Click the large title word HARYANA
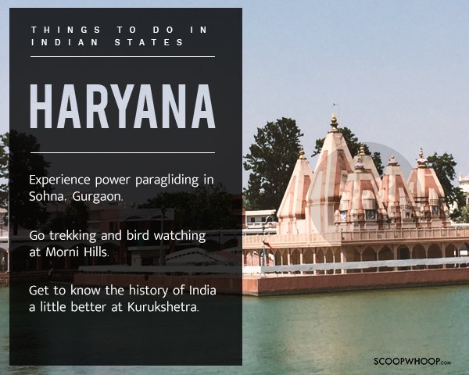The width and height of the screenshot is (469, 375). tap(123, 106)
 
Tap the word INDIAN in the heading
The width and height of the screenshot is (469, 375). tap(65, 42)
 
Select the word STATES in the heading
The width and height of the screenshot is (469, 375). tap(149, 42)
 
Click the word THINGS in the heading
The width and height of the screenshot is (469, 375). tap(66, 30)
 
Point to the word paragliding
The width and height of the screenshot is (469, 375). tap(167, 180)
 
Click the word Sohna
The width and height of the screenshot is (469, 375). tap(47, 196)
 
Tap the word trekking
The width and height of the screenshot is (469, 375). tap(73, 236)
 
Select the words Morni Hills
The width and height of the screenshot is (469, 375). tap(77, 252)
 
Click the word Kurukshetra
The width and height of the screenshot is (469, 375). tap(163, 307)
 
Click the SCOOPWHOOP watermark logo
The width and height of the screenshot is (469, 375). tap(412, 361)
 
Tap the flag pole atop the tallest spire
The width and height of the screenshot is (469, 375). tap(336, 109)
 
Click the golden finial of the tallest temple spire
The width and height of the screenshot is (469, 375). tap(334, 123)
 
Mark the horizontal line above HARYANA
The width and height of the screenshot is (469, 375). tap(123, 56)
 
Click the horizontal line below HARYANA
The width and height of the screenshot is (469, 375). tap(123, 153)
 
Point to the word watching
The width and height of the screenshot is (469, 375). tap(180, 236)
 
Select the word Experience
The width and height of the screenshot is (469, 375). tap(59, 180)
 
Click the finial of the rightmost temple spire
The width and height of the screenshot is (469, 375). tap(422, 158)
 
